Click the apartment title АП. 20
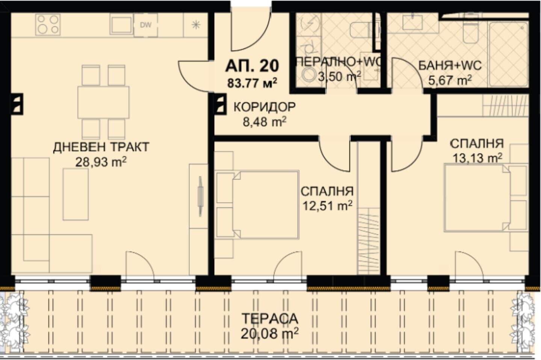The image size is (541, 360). (252, 66)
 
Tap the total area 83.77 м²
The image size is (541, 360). (252, 83)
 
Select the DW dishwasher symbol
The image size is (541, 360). (146, 25)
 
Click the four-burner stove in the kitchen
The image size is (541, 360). (48, 24)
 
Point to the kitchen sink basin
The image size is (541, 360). (121, 24)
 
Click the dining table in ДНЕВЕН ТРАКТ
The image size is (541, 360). (103, 103)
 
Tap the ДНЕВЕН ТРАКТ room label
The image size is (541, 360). (101, 147)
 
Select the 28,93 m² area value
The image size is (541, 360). (101, 162)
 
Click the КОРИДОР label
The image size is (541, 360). (264, 107)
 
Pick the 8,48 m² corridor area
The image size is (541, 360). (264, 122)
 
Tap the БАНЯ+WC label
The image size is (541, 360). (450, 65)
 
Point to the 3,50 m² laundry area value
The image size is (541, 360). (339, 77)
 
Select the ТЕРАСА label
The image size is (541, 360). (270, 319)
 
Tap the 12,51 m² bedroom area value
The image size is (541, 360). (327, 206)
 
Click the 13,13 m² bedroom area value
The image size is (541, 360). (478, 158)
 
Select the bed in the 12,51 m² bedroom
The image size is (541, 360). (257, 205)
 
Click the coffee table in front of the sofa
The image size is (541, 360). (76, 195)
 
